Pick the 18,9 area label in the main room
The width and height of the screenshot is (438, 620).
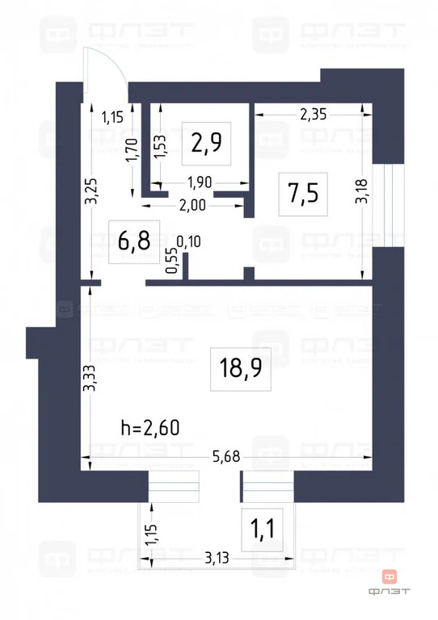point(240,369)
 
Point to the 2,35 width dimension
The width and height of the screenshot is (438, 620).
point(314,114)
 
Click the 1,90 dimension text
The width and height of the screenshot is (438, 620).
point(199,182)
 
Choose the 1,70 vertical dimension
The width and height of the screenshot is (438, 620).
point(132,150)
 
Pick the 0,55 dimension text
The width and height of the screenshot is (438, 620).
point(171,262)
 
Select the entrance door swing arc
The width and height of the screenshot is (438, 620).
point(109,61)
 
